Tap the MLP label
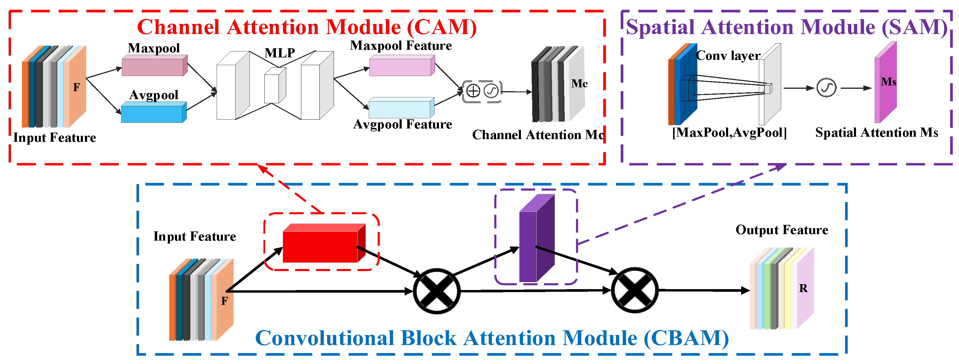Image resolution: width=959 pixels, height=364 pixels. [x=280, y=53]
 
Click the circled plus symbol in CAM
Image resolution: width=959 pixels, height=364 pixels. [x=473, y=91]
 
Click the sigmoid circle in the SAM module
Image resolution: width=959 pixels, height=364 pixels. [x=826, y=88]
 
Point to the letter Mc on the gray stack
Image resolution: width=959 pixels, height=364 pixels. [x=579, y=83]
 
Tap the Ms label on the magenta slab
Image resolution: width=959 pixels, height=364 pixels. [x=888, y=82]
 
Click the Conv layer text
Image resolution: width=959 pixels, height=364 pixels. [x=728, y=55]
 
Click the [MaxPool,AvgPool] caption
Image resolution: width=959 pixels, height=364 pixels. [x=729, y=133]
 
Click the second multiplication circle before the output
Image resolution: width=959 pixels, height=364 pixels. [x=635, y=291]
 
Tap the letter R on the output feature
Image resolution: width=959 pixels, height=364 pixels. [x=803, y=289]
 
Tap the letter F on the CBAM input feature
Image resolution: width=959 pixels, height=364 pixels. [x=224, y=301]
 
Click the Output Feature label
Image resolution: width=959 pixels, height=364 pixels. [x=782, y=230]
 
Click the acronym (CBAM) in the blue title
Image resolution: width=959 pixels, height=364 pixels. [x=686, y=338]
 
